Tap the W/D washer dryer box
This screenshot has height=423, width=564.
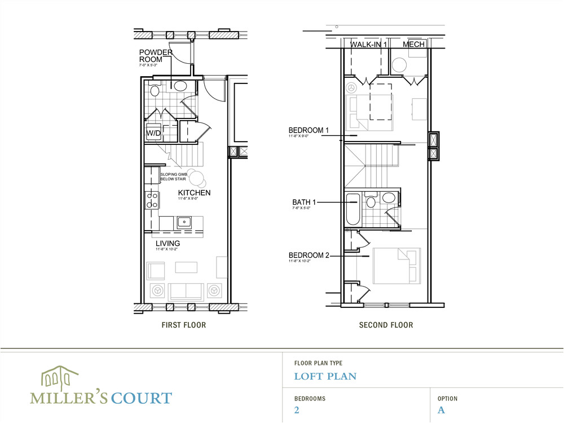[x=153, y=133]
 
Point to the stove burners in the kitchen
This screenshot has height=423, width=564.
[x=152, y=200]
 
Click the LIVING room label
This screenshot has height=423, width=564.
[x=168, y=243]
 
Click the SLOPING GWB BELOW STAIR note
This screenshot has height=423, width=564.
[x=173, y=177]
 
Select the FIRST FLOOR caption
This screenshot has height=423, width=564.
[x=183, y=325]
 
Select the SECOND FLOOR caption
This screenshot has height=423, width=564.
[x=386, y=325]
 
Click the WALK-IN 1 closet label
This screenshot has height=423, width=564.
[x=369, y=45]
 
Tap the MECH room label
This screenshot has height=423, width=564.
[x=414, y=45]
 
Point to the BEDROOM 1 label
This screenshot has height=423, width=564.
[x=309, y=130]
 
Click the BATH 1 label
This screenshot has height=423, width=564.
[x=305, y=201]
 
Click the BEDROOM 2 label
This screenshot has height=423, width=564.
[x=309, y=255]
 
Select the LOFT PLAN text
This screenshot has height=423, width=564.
[x=325, y=376]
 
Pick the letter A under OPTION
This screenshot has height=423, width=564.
[x=441, y=410]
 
